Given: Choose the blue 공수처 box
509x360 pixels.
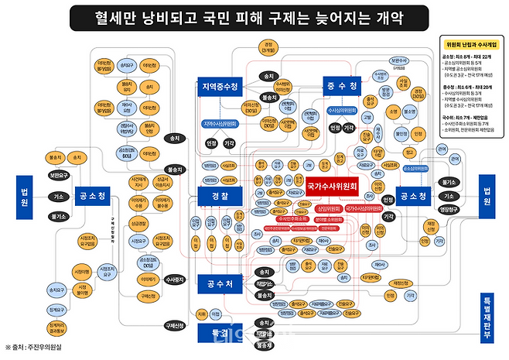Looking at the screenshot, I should (x=216, y=285).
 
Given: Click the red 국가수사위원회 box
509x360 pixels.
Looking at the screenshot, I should (x=333, y=187).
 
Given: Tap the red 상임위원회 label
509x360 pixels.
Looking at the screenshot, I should (x=311, y=209).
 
